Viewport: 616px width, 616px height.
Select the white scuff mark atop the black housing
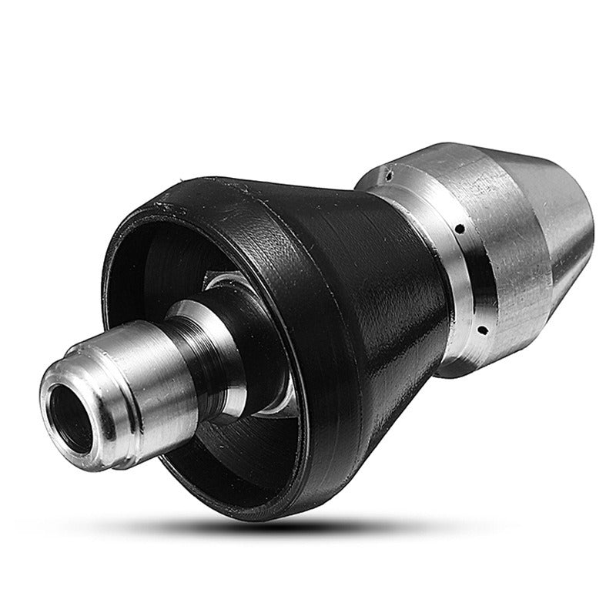tap(166, 206)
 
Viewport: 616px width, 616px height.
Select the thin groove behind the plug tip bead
tap(92, 362)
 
